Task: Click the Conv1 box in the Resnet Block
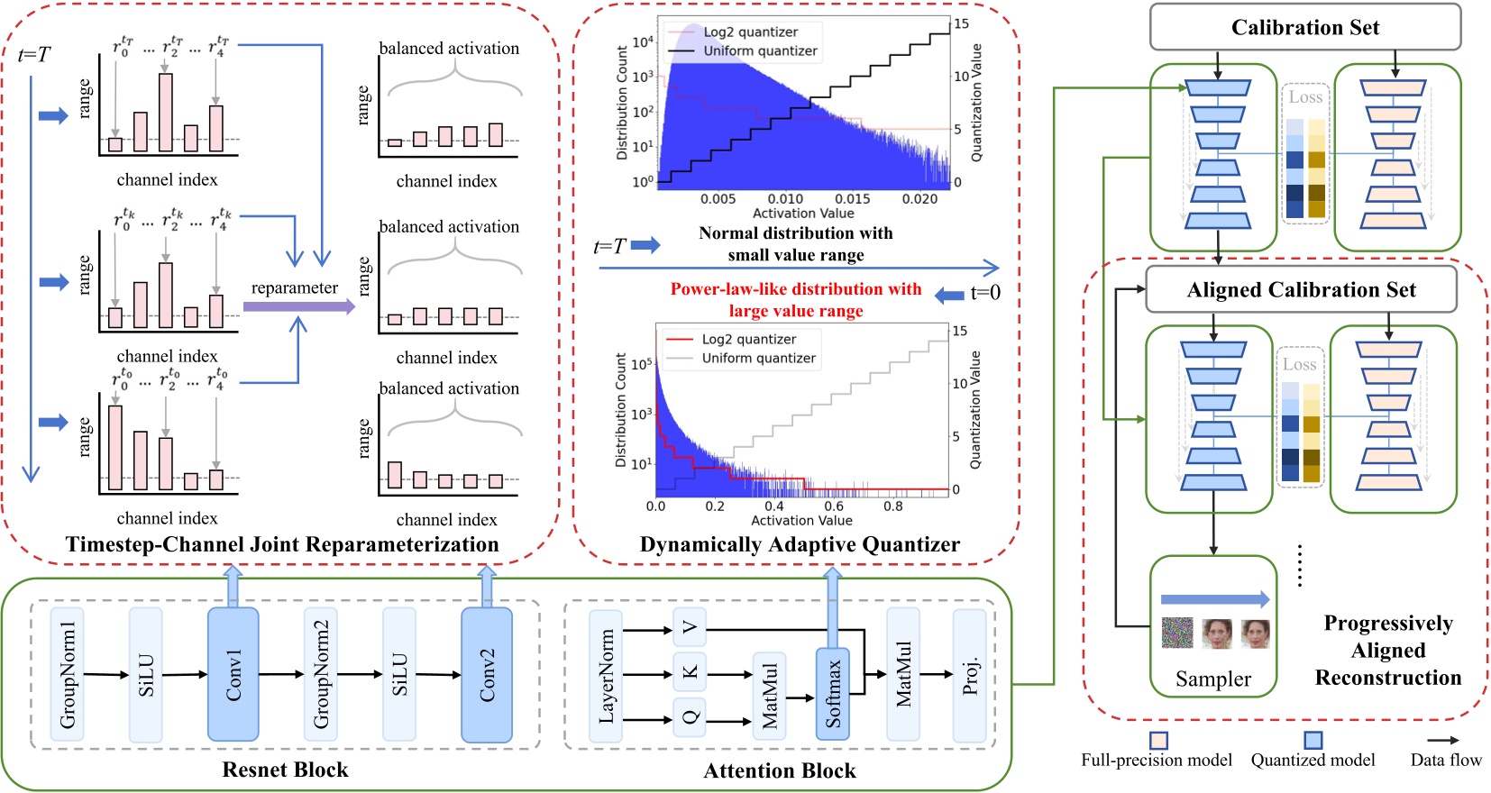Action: pos(233,674)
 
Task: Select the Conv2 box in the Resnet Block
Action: pos(487,674)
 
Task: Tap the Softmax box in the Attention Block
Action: pos(833,694)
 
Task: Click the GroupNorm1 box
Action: pos(68,674)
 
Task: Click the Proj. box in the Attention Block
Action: pos(970,675)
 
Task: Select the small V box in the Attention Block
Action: pos(690,627)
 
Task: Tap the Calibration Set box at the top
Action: pos(1304,28)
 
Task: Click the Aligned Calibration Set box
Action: pos(1300,289)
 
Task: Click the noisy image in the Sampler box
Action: pos(1177,633)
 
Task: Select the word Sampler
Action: pos(1212,679)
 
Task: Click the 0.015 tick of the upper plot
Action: pos(852,198)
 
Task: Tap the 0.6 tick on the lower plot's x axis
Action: pos(834,506)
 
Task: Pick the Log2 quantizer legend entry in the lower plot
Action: pos(748,340)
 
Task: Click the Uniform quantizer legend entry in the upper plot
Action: pos(760,51)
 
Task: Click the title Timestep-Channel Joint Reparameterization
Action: pos(281,544)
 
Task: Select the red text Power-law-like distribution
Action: pos(795,289)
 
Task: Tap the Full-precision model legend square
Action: pos(1158,740)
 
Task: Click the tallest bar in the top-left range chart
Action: pos(166,112)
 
